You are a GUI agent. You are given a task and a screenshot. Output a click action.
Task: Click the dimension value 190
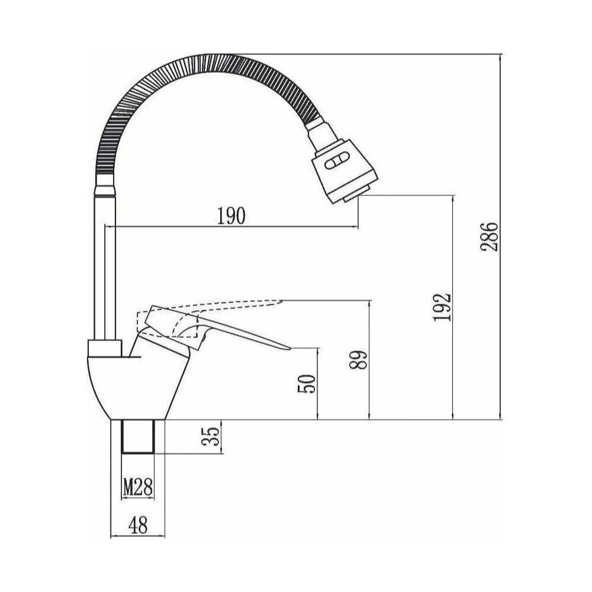point(231,215)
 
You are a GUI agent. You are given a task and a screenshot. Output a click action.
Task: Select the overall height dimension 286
point(490,237)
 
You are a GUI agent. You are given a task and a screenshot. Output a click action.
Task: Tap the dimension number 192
point(442,307)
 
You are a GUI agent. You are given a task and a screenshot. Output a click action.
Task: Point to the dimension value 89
point(358,360)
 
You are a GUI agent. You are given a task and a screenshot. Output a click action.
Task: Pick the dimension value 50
point(307,384)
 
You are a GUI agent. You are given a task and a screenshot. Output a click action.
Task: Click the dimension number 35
point(211,436)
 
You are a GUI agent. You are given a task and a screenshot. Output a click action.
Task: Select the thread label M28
point(138,487)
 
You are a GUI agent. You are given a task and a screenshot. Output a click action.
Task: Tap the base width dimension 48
point(138,525)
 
